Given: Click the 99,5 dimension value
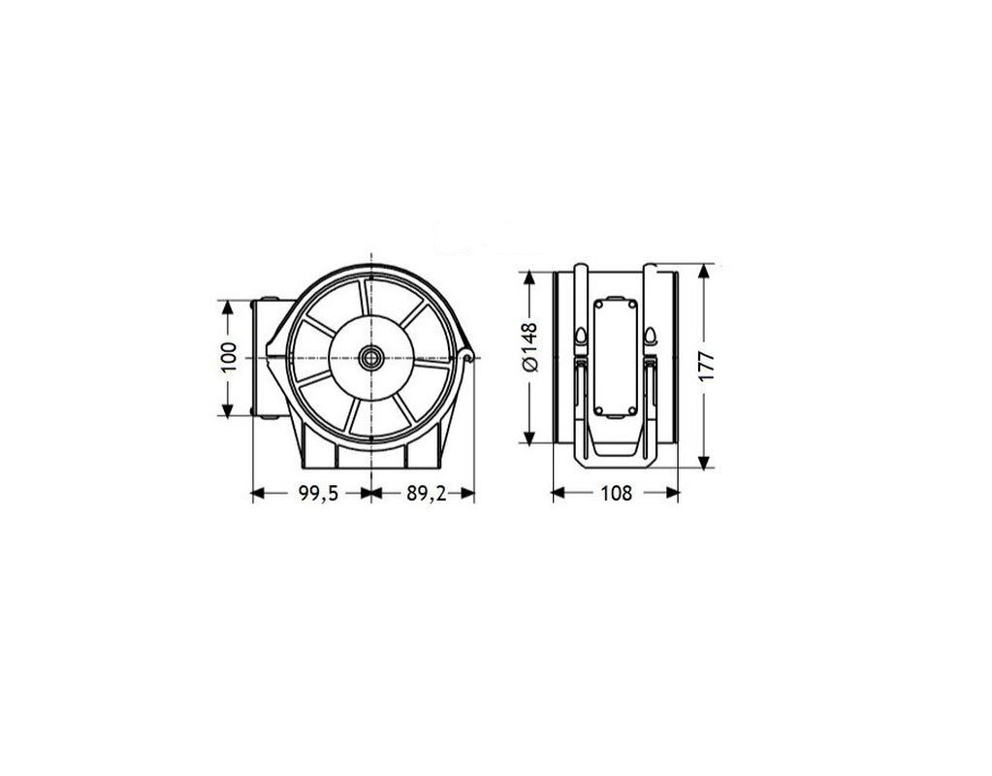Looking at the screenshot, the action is (x=318, y=494).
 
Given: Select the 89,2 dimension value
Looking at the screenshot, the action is (x=427, y=494).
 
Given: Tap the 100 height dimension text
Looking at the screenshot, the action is (x=229, y=357).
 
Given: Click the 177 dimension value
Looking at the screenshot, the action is (x=706, y=366).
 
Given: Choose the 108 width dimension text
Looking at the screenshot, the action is (x=616, y=493).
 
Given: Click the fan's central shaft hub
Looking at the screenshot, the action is (x=370, y=358).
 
